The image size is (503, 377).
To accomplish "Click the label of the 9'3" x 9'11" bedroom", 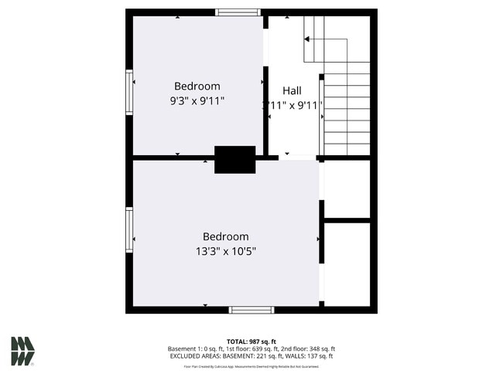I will point(197,87).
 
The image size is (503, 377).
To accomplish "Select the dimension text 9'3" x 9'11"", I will point(197,100).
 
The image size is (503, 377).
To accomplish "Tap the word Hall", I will point(292,90).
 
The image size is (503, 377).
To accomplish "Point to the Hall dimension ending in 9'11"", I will point(292,105).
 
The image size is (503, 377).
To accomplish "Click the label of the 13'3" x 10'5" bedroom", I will point(225,236).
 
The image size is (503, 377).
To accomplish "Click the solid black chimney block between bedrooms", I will point(234,159).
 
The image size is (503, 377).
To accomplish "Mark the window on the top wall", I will point(238,12).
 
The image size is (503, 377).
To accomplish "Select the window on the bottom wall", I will point(251,310).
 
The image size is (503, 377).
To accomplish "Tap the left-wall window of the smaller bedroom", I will point(129,92).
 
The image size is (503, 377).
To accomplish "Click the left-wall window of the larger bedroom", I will point(129,229).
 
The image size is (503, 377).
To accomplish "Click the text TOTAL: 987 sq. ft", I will point(251,341).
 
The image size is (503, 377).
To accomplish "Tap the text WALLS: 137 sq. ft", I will point(310,356).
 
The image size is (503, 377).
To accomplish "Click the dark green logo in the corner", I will point(22,351).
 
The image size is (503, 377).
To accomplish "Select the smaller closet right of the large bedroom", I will point(347,188).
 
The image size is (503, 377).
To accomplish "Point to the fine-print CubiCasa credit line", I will point(251,365).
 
